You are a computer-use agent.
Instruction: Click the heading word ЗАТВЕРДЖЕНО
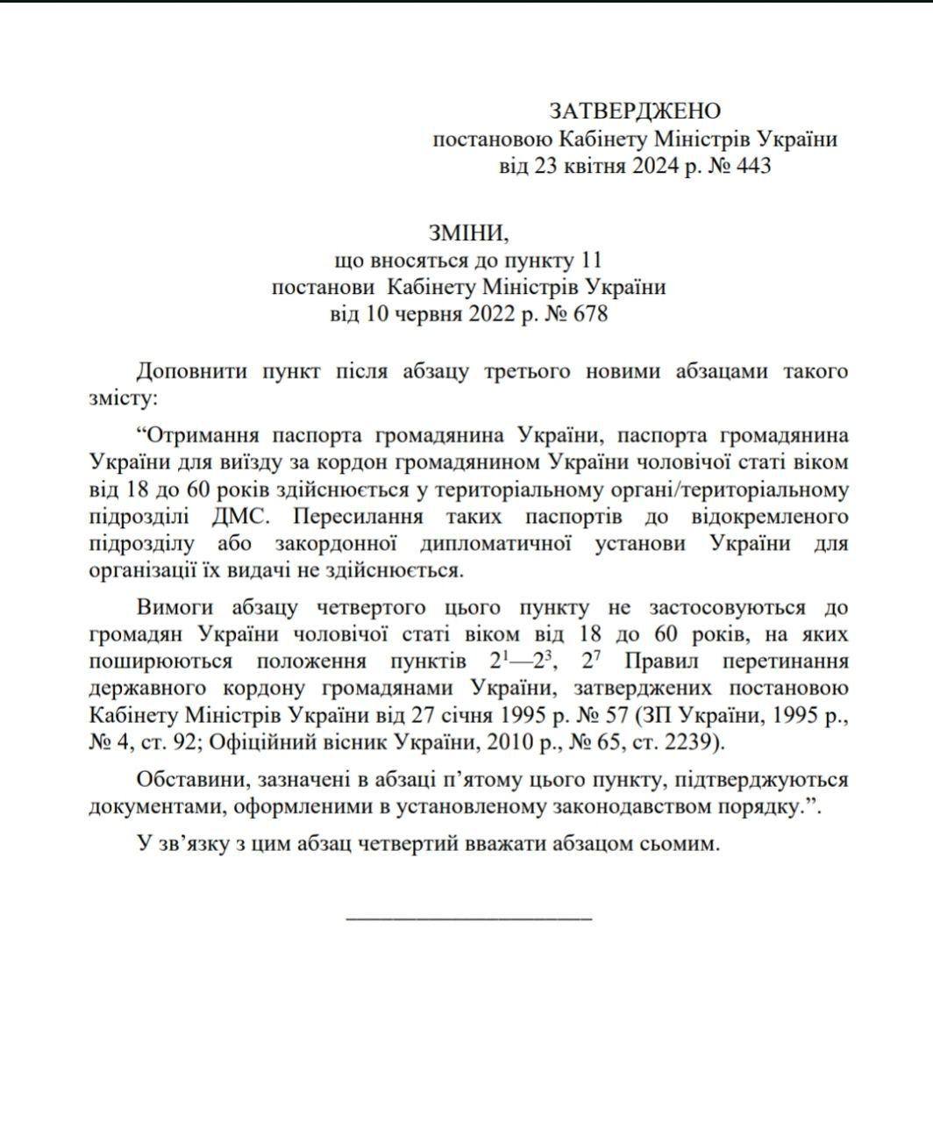(635, 111)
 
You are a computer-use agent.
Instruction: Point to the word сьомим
(677, 844)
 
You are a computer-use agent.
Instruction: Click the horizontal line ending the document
(469, 918)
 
